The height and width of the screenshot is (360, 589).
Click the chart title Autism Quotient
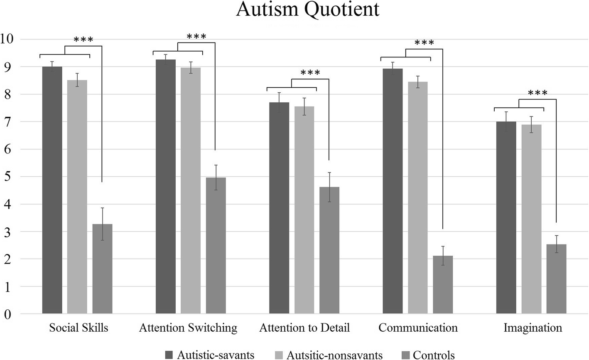307,10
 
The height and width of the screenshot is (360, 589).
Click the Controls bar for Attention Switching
216,245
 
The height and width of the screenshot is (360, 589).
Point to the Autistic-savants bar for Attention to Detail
279,208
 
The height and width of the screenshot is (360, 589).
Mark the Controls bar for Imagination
556,279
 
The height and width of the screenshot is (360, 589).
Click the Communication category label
418,328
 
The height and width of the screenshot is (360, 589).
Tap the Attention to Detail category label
304,328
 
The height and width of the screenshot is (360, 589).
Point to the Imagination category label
533,328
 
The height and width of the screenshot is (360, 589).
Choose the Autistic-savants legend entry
215,355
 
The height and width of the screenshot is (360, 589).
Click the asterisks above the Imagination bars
537,93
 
